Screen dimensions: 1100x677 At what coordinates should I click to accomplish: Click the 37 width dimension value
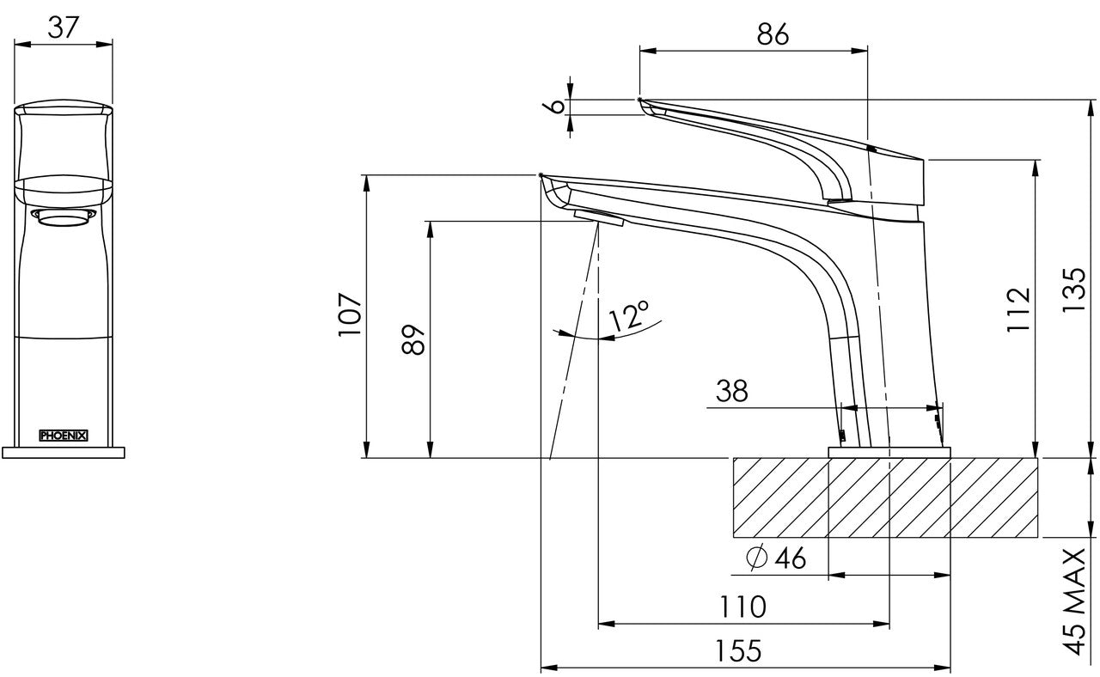click(x=64, y=27)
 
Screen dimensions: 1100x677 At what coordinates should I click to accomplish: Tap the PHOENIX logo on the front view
click(x=64, y=436)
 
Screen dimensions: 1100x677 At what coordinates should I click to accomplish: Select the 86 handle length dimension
click(x=773, y=34)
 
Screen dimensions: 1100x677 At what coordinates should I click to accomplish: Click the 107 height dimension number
click(x=350, y=314)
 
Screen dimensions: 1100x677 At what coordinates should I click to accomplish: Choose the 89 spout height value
click(x=412, y=338)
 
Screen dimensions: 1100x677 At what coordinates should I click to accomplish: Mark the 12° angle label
click(x=628, y=315)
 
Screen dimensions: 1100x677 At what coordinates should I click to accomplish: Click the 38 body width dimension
click(x=731, y=391)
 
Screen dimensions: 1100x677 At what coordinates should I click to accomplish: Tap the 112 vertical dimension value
click(x=1018, y=310)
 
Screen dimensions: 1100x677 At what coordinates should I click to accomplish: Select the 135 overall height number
click(x=1073, y=290)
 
